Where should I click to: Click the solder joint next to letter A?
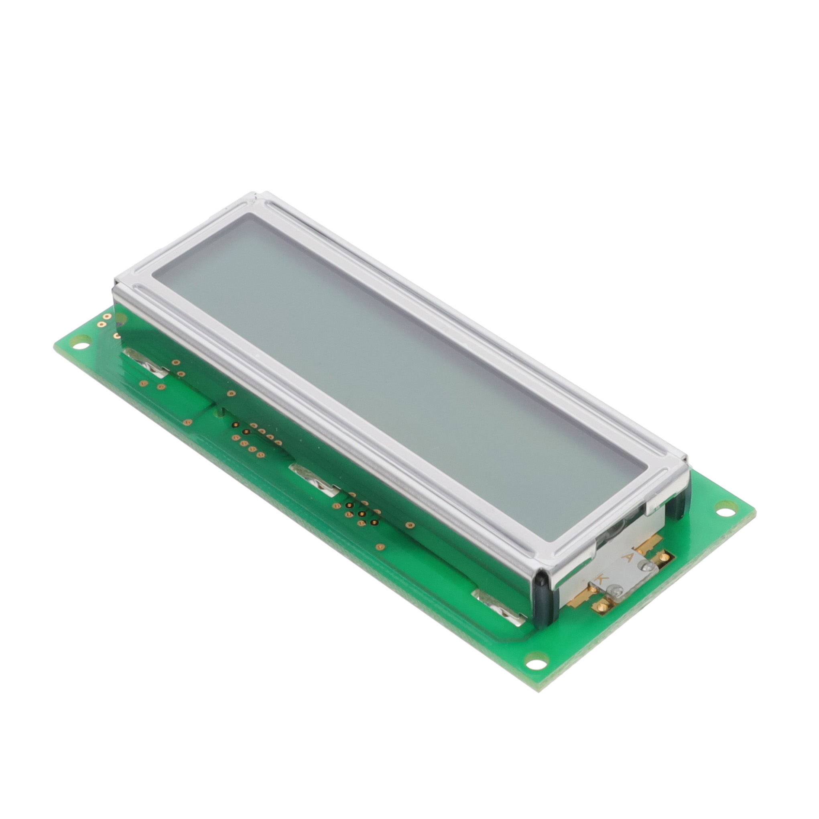pos(646,566)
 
